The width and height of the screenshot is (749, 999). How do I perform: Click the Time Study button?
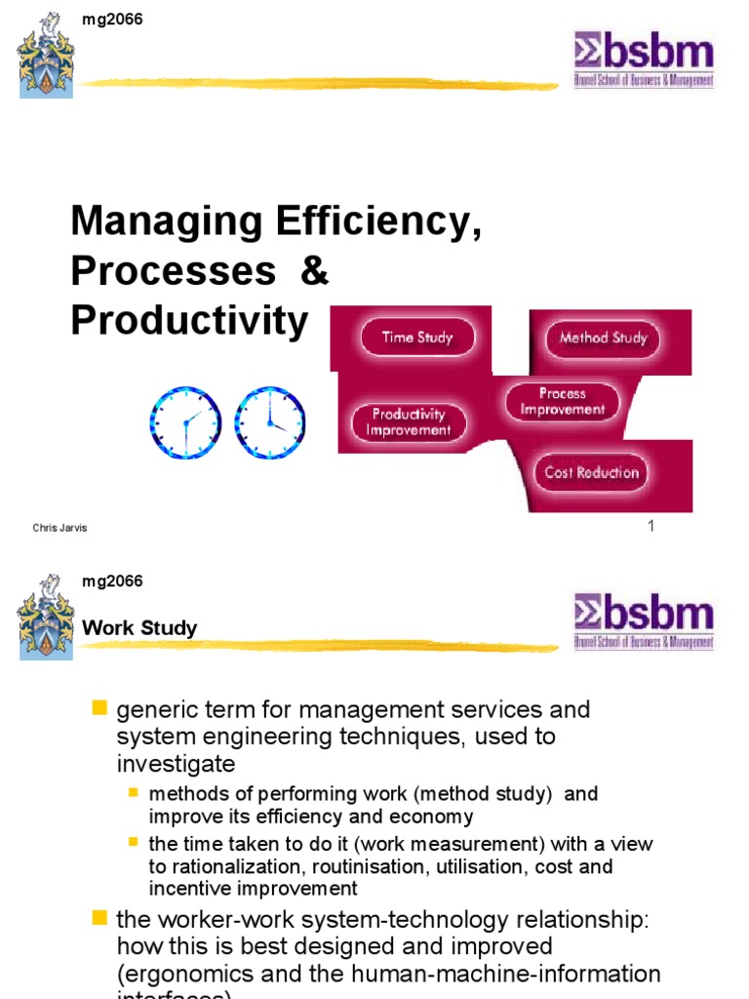coord(416,338)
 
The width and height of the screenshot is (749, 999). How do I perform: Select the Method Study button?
coord(603,339)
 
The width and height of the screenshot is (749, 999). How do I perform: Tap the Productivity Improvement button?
coord(411,421)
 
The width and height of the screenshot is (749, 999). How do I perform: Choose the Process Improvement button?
coord(562,401)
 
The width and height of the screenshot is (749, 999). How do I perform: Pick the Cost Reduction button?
coord(591,472)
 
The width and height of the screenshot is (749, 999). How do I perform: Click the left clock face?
coord(185,422)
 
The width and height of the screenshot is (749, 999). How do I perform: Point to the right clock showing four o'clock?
coord(269,422)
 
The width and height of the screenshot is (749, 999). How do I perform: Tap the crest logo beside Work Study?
coord(45,617)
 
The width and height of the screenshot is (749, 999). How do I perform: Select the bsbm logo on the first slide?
coord(643,60)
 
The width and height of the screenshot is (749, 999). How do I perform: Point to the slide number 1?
coord(650,527)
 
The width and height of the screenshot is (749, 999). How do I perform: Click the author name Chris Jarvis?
coord(59,528)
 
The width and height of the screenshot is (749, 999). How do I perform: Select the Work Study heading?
coord(139,627)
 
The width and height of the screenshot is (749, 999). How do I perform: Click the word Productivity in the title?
coord(189,320)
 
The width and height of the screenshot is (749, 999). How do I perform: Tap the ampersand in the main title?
coord(315,271)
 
